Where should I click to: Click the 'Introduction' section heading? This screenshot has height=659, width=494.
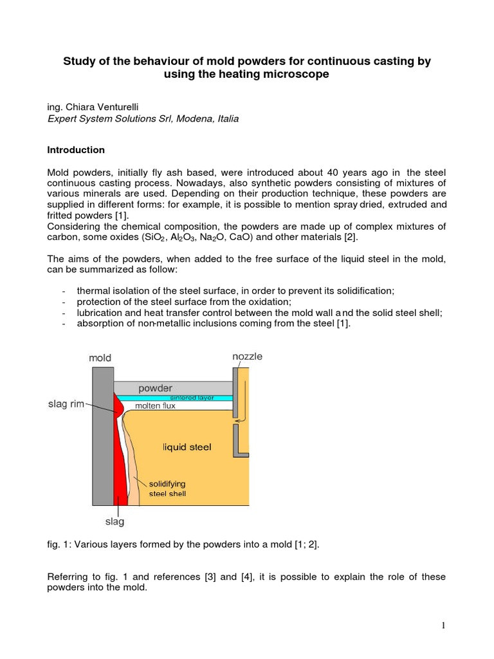76,150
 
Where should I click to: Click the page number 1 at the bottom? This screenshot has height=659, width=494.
444,625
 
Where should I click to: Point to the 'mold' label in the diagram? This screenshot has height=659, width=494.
100,358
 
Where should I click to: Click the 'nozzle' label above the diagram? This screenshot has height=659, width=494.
247,356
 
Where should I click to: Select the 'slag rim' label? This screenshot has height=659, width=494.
67,404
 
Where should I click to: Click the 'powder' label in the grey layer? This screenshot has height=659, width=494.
154,388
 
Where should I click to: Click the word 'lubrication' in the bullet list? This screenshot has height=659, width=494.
100,313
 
